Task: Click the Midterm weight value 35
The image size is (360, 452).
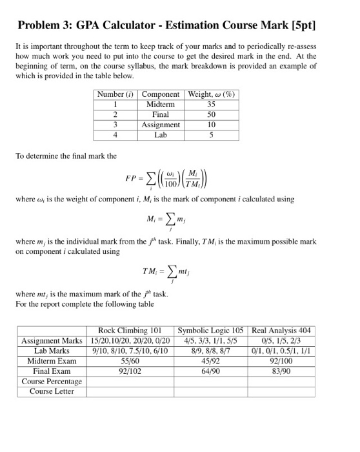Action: pyautogui.click(x=211, y=104)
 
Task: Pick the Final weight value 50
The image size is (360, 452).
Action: pyautogui.click(x=211, y=114)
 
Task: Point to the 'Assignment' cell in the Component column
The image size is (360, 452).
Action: pyautogui.click(x=160, y=125)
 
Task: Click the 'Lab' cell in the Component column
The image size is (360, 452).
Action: pyautogui.click(x=160, y=135)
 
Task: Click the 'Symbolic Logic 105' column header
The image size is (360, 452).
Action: pyautogui.click(x=212, y=330)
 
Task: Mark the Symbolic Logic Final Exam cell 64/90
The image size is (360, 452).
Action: pyautogui.click(x=212, y=371)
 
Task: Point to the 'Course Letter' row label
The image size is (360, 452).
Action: pyautogui.click(x=52, y=391)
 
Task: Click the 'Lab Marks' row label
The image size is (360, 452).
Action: pyautogui.click(x=52, y=351)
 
